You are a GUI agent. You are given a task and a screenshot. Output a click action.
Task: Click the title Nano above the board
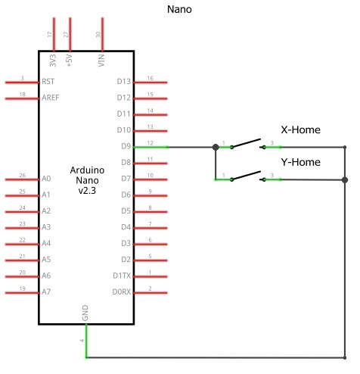pos(178,10)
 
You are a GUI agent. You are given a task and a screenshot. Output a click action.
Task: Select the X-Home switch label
pos(300,129)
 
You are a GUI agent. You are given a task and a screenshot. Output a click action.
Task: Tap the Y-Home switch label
pos(300,162)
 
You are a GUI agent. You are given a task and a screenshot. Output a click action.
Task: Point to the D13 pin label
pos(124,81)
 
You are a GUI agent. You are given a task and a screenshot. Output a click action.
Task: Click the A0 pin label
pos(47,179)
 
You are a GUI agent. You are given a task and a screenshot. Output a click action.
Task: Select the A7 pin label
pos(47,291)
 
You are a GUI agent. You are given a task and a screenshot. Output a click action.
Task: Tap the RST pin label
pos(48,81)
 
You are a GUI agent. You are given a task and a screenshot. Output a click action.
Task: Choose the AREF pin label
pos(51,98)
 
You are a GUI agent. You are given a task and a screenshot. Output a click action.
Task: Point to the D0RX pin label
pos(121,291)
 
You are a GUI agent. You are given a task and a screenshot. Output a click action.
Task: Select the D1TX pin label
pos(121,276)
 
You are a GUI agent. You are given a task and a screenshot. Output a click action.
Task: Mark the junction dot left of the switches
pos(216,147)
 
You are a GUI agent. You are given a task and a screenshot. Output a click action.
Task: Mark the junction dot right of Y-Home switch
pos(345,179)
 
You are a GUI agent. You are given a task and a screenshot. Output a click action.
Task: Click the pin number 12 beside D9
pos(151,143)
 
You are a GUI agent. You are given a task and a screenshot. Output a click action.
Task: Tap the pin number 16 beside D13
pos(151,78)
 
